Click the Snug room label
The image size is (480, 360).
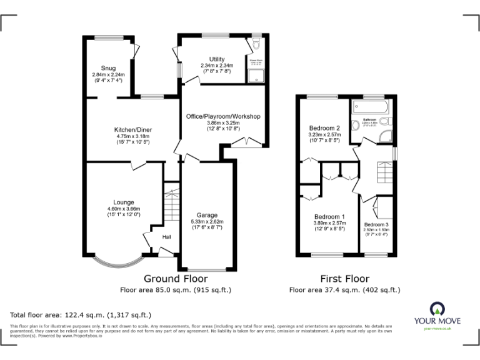(x=109, y=69)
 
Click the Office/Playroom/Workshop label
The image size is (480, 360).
(x=223, y=117)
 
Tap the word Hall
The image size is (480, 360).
(x=167, y=237)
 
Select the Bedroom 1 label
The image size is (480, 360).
(x=329, y=216)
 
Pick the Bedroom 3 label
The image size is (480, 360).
(x=376, y=224)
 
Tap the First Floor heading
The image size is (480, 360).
(x=344, y=279)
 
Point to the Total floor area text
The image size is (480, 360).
(x=80, y=315)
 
